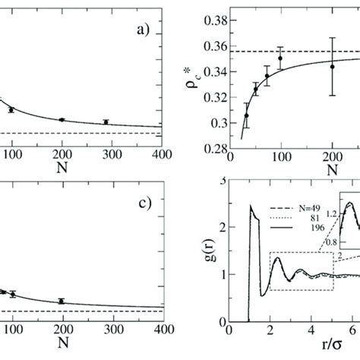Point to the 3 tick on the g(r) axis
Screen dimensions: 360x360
[x=220, y=201]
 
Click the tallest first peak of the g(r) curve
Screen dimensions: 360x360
[x=250, y=207]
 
